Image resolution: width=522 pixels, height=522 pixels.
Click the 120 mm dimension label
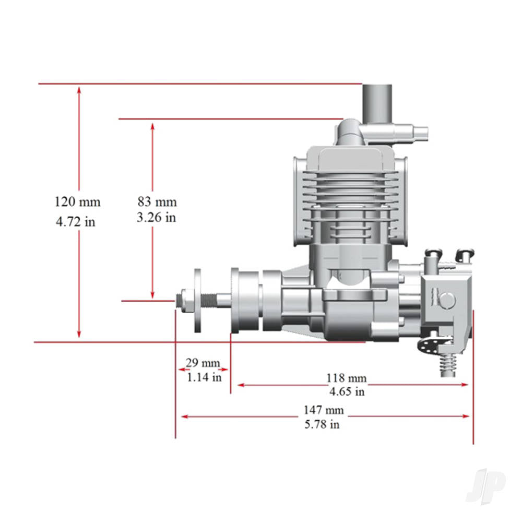click(77, 202)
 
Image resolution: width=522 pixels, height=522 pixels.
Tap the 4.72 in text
click(76, 222)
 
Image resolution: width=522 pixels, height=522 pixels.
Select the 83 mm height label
click(157, 202)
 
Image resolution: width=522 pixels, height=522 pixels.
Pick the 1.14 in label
click(204, 376)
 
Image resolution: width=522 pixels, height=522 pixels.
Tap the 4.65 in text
click(347, 391)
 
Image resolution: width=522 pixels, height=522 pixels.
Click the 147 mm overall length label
click(324, 410)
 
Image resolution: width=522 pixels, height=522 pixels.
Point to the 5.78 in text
click(322, 424)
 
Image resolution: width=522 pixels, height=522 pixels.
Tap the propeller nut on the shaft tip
click(181, 300)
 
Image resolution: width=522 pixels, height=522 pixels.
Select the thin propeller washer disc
click(198, 300)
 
